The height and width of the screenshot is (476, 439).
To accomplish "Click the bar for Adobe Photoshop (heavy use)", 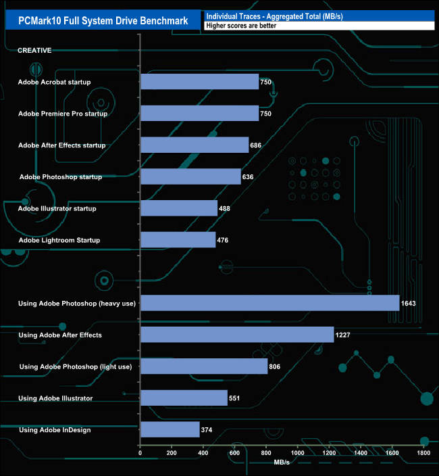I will (x=269, y=303).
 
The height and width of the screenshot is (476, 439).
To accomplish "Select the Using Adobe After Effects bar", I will (x=236, y=335).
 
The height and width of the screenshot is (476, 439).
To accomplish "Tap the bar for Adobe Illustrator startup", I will (x=178, y=208).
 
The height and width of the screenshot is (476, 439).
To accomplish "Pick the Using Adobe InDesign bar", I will (x=170, y=429).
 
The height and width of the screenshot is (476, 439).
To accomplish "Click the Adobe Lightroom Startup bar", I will (x=178, y=240).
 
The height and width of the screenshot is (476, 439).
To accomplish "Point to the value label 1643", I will (x=408, y=304).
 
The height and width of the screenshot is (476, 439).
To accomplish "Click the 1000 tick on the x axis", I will (x=298, y=454).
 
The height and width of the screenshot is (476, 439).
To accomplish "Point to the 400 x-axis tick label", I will (x=203, y=454).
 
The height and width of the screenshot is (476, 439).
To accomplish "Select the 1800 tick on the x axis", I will (x=423, y=454).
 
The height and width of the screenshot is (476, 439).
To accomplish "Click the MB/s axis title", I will (x=282, y=463).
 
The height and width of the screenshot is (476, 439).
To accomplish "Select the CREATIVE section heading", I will (x=34, y=50).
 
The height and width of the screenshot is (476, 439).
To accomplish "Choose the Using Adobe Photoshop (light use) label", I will (x=76, y=366).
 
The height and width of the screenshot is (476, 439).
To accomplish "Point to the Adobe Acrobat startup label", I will (x=55, y=82).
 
